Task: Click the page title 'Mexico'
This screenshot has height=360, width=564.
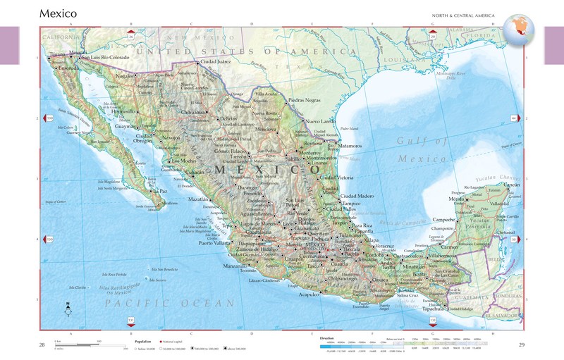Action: point(59,13)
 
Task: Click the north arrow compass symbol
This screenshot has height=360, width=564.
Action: point(68,307)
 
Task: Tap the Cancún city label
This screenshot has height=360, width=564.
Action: point(513,184)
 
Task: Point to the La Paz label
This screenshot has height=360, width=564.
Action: point(161,190)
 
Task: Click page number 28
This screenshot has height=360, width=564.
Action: point(42,345)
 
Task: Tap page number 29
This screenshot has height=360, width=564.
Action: point(522,345)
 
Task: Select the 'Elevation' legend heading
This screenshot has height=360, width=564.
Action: point(326,338)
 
